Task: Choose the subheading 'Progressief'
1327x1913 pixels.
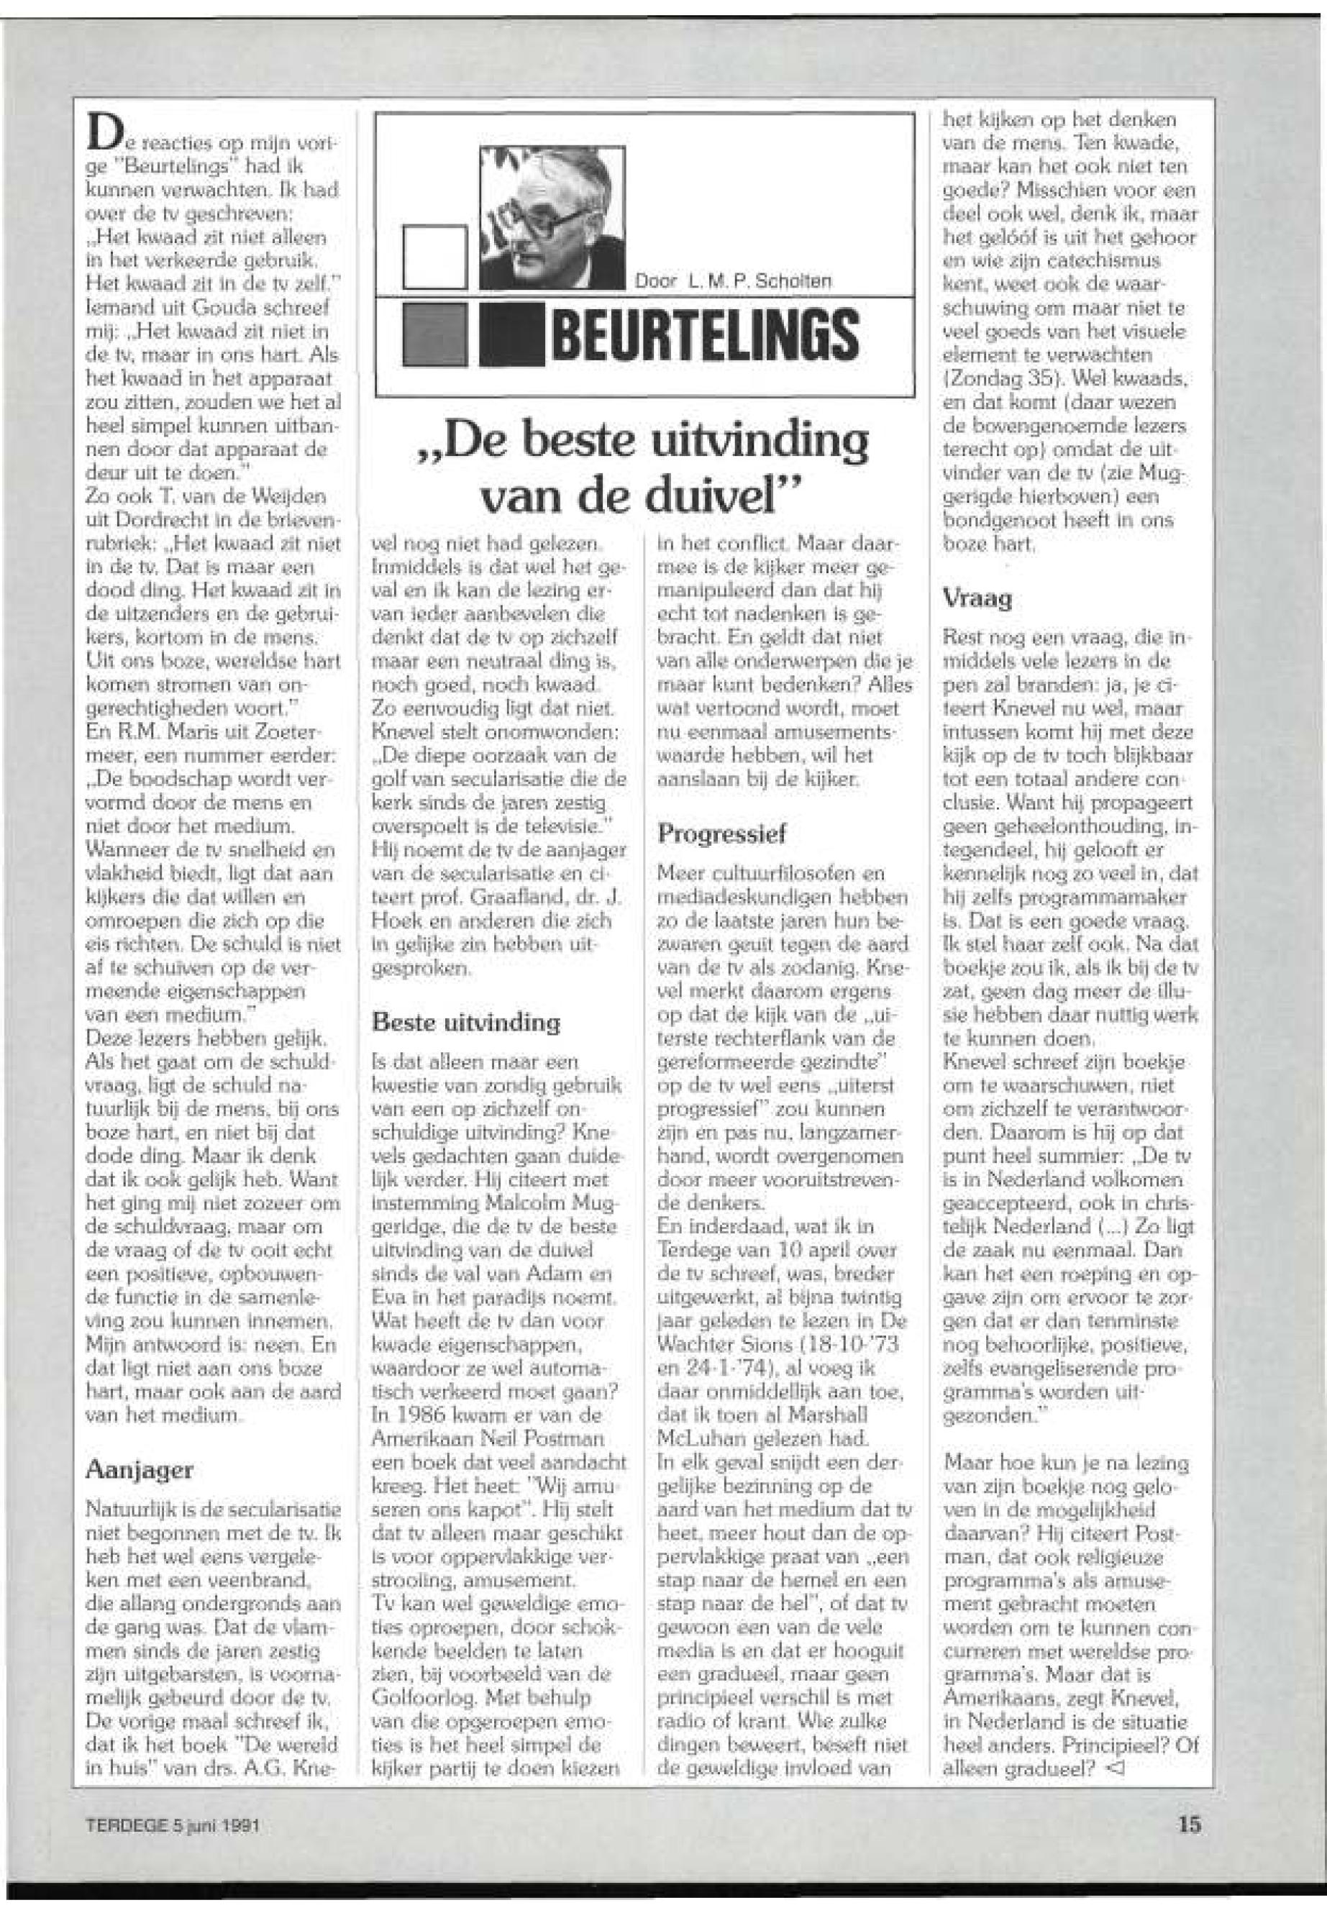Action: (x=721, y=833)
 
